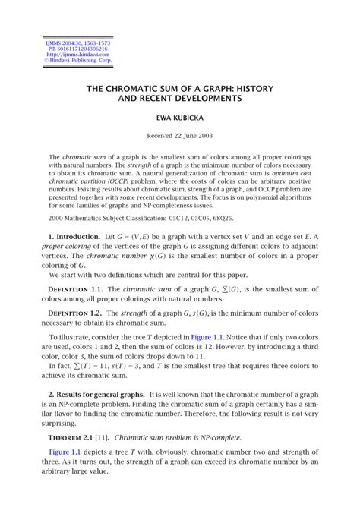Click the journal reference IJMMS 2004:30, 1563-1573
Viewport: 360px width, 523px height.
tap(77, 43)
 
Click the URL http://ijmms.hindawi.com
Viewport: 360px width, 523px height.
tap(77, 55)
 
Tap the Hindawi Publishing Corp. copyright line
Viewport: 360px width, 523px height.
tap(77, 60)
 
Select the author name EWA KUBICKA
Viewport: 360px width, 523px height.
tap(180, 118)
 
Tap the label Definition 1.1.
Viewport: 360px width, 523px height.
tap(75, 289)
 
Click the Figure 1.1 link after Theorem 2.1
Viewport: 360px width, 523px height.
tap(65, 452)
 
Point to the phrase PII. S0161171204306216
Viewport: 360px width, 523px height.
tap(77, 49)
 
